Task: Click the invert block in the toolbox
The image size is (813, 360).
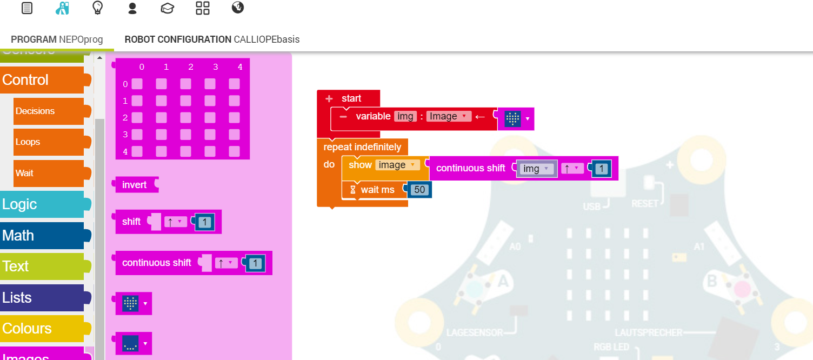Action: click(135, 185)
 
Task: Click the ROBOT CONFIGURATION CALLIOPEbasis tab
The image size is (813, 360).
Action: click(212, 39)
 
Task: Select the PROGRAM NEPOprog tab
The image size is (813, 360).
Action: click(57, 39)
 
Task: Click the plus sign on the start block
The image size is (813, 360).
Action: click(329, 98)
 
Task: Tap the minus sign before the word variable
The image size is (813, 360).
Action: click(343, 116)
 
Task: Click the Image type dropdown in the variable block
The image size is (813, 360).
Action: click(449, 116)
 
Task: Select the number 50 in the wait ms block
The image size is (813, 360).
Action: click(419, 190)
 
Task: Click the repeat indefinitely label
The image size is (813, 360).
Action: click(362, 147)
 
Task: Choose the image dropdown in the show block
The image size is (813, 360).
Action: click(397, 165)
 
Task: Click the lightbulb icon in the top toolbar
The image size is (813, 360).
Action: click(97, 8)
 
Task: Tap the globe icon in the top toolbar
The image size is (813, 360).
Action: click(237, 8)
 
